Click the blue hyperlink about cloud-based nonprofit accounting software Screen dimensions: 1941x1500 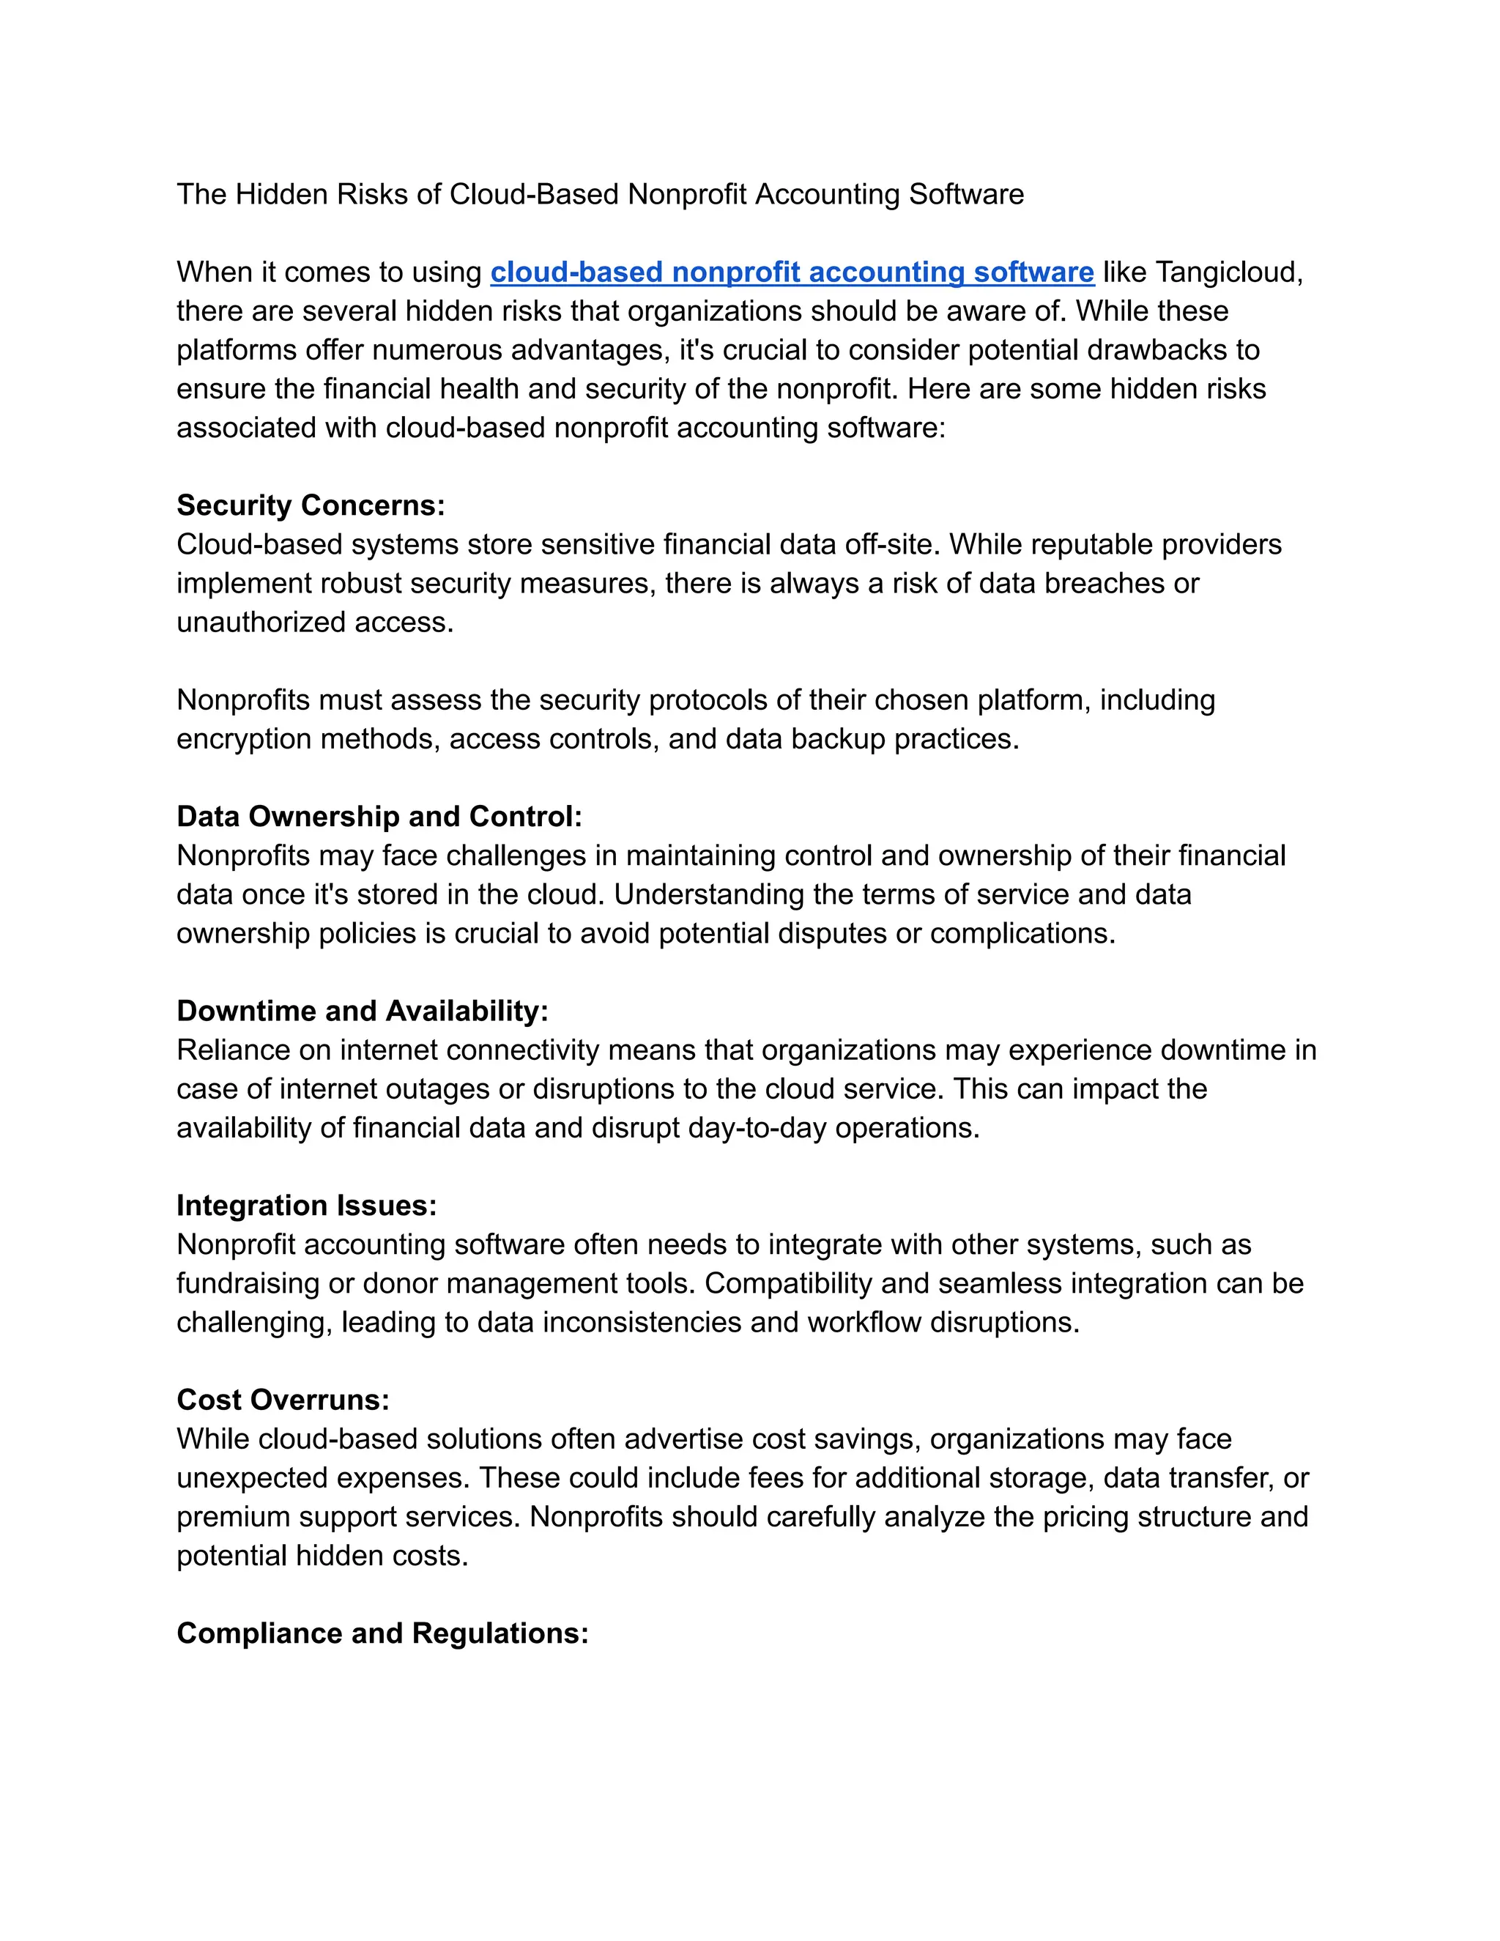tap(792, 272)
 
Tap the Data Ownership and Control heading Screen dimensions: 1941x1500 tap(379, 817)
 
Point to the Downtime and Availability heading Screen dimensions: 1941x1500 tap(363, 1012)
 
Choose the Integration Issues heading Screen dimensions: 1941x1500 tap(307, 1206)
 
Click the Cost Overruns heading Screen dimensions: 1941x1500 tap(283, 1400)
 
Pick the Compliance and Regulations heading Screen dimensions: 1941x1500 tap(382, 1633)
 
